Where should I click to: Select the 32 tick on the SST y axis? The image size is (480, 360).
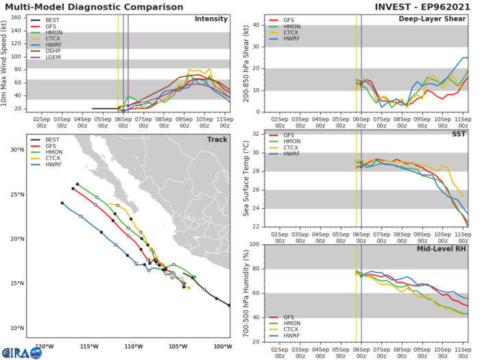(254, 134)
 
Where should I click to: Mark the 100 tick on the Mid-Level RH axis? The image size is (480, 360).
(252, 244)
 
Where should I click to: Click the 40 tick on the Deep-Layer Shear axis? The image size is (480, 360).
(254, 25)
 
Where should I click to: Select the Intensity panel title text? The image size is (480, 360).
(211, 19)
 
